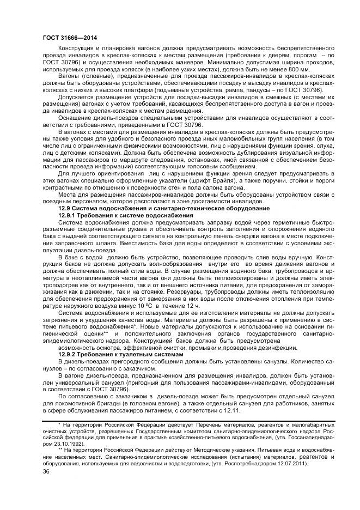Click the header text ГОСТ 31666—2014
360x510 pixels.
[x=63, y=37]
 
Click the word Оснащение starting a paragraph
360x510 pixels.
[x=75, y=119]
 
